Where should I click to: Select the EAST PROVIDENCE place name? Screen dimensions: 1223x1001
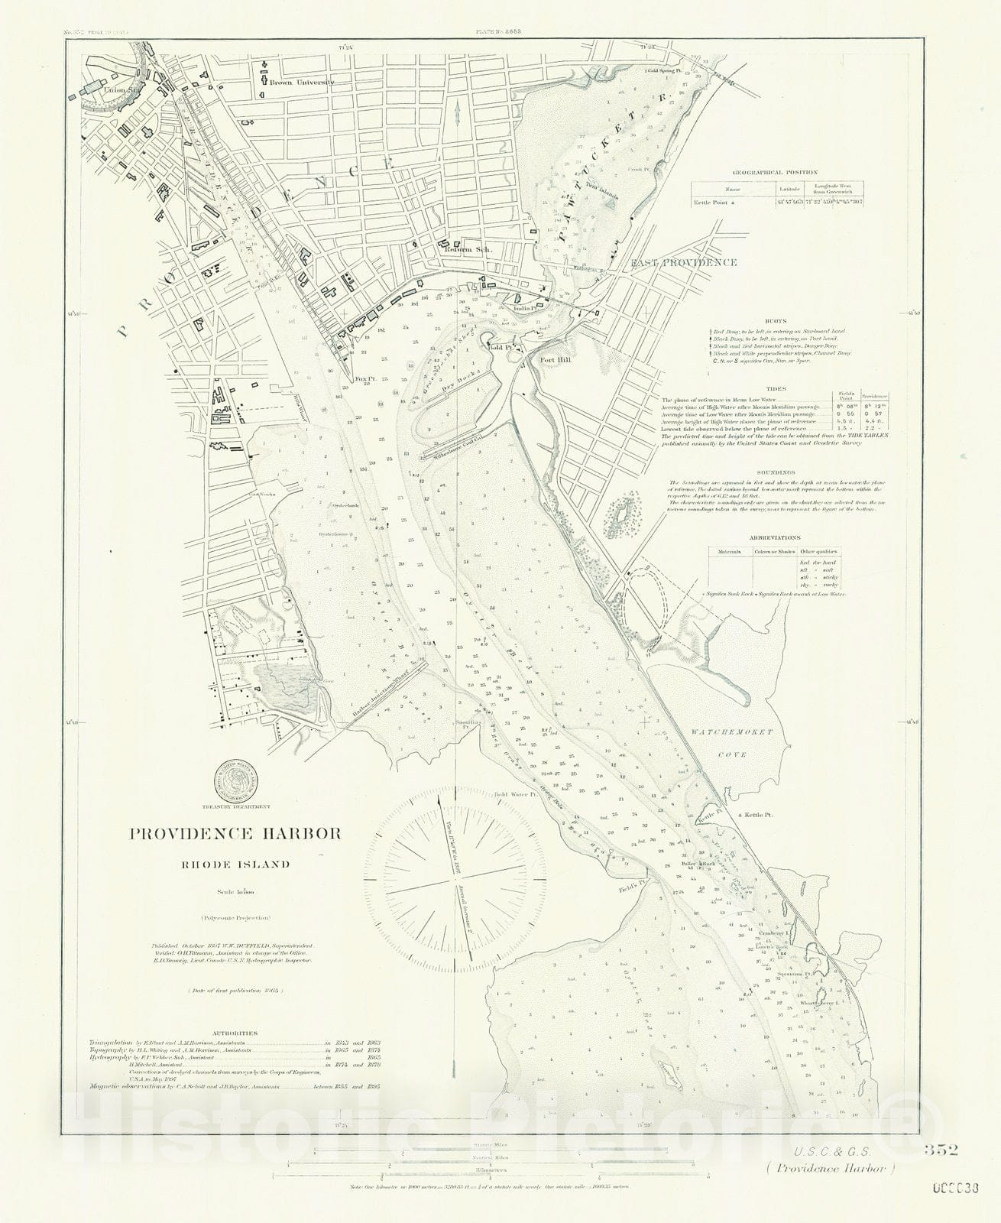[x=684, y=262]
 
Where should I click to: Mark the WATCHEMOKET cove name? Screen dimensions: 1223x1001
[x=732, y=732]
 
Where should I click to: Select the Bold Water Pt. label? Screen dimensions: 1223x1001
[x=517, y=794]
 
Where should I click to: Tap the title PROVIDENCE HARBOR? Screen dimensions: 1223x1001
[x=235, y=833]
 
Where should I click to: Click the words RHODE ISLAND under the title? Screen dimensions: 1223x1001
[x=235, y=865]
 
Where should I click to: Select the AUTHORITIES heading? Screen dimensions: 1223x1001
[x=235, y=1033]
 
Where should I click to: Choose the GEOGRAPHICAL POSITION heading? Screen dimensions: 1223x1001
[x=774, y=173]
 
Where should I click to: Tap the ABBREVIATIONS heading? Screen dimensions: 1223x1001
[x=774, y=537]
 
